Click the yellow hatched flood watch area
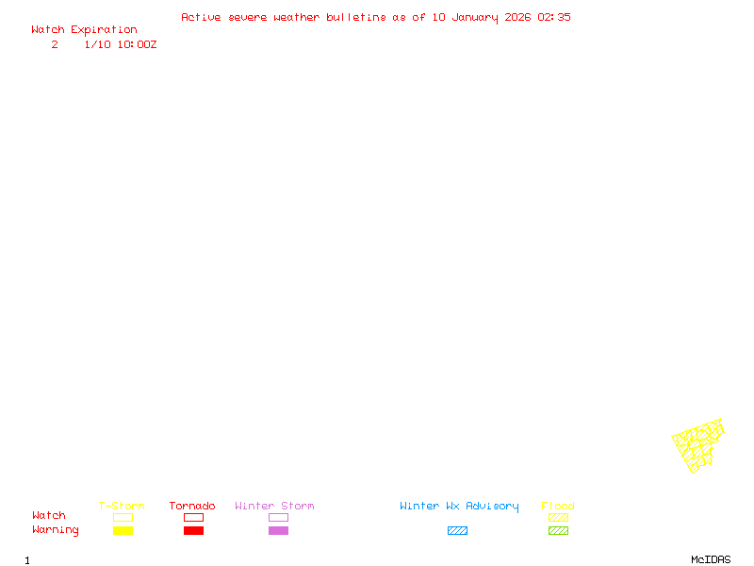click(697, 446)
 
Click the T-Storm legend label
click(122, 506)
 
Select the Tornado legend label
click(192, 506)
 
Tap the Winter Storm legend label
click(274, 506)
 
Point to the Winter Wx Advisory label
click(459, 507)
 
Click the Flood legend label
click(558, 506)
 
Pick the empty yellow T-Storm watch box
click(123, 517)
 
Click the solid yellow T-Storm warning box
click(123, 530)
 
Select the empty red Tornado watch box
click(194, 517)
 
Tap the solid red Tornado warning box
click(194, 530)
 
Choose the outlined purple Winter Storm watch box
click(278, 517)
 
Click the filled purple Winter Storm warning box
click(278, 530)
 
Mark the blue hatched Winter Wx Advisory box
click(457, 530)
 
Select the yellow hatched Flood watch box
click(558, 517)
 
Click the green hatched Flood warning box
click(558, 530)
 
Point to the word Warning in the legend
click(56, 530)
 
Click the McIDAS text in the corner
click(711, 559)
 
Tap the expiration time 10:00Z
click(137, 44)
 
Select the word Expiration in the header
click(104, 30)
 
